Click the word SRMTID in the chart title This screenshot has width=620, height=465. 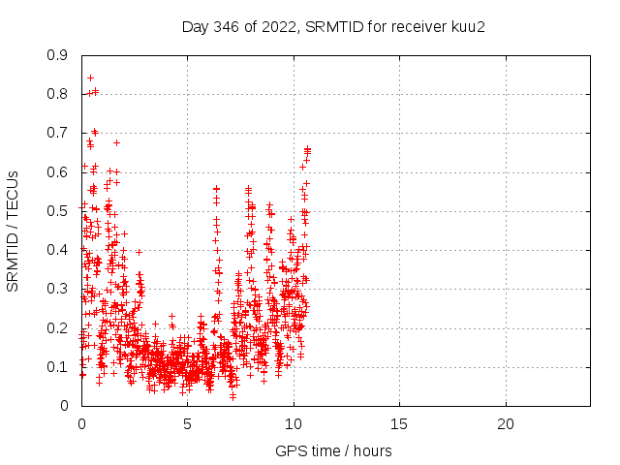(331, 26)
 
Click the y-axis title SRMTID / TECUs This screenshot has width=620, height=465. (14, 231)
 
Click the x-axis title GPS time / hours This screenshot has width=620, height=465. (333, 450)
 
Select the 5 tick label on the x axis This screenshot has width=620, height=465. (187, 424)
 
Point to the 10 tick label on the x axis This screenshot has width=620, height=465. (293, 424)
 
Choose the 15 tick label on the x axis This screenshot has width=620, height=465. (399, 424)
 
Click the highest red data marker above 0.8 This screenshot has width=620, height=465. (90, 77)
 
